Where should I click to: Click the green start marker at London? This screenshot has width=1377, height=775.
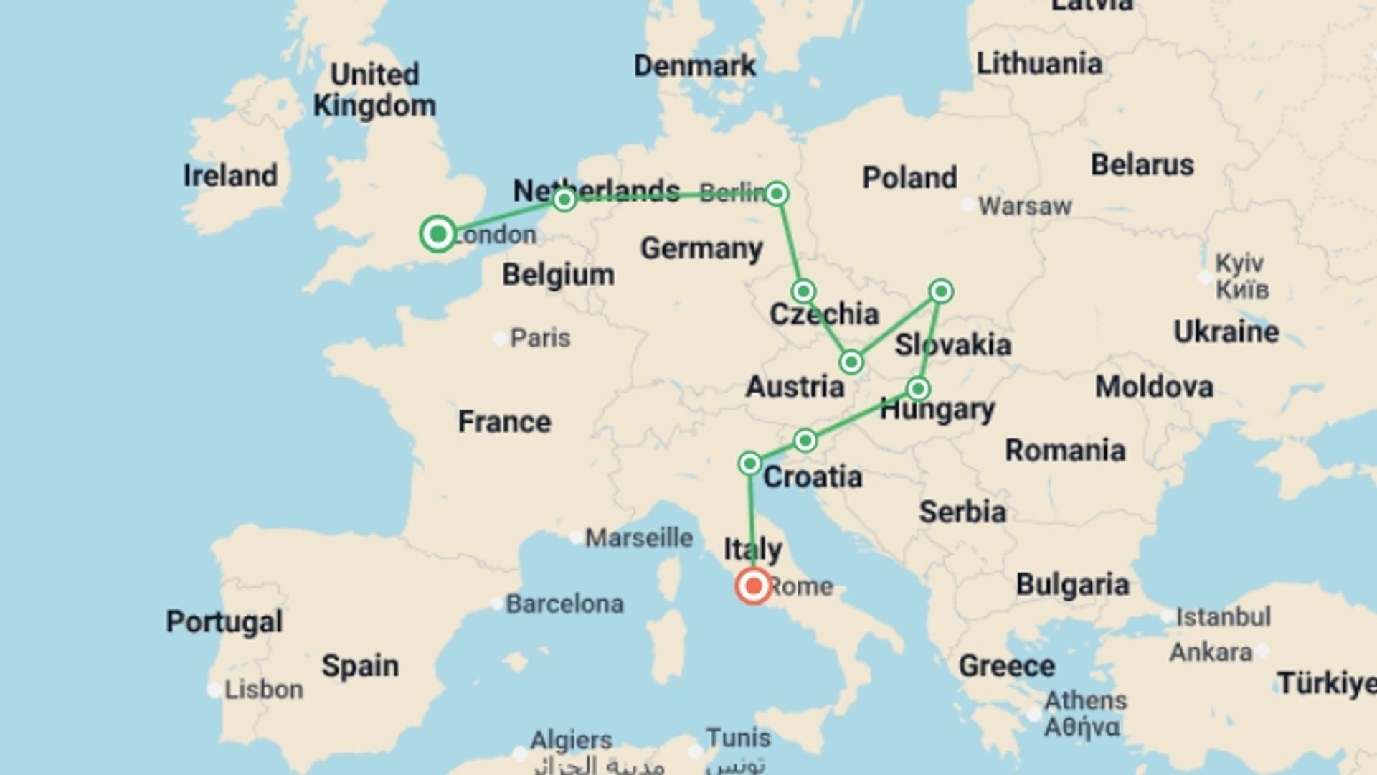tap(438, 233)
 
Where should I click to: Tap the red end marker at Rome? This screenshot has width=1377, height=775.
tap(753, 586)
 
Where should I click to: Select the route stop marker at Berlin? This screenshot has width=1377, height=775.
tap(777, 194)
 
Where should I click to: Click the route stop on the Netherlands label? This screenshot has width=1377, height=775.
tap(564, 199)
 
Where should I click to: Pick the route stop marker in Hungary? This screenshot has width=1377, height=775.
tap(918, 389)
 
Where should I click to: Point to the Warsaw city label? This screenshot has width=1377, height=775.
tap(1025, 206)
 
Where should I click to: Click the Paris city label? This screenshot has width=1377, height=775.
tap(540, 337)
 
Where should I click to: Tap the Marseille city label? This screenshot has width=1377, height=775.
tap(639, 537)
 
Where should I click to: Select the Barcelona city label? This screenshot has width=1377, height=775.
tap(564, 603)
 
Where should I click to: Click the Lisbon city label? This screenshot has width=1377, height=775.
tap(263, 690)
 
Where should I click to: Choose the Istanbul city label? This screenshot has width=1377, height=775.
tap(1224, 616)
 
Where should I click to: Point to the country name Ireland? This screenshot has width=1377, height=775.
tap(230, 175)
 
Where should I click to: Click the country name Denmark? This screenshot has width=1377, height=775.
tap(694, 65)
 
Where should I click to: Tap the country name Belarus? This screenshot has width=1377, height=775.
tap(1142, 164)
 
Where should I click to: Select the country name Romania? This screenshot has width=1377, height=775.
tap(1065, 450)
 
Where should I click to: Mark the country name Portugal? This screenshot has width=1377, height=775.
tap(224, 621)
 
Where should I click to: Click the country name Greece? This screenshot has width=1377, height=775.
tap(1006, 665)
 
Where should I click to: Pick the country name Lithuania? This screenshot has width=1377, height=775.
tap(1039, 63)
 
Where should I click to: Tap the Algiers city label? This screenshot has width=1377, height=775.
tap(571, 739)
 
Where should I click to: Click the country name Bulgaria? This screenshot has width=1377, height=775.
tap(1072, 584)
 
